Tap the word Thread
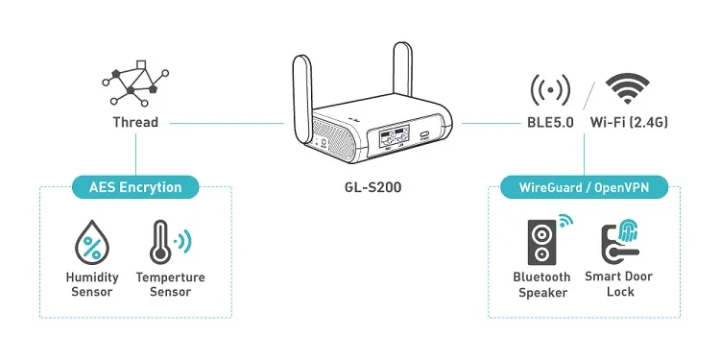[x=135, y=122]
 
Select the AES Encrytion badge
[x=135, y=186]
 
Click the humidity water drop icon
[x=92, y=244]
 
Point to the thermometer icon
[x=160, y=244]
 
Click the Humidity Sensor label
[x=92, y=284]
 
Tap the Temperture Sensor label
[x=170, y=284]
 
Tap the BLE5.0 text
[x=550, y=123]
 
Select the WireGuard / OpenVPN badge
[x=585, y=186]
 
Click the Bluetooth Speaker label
[x=543, y=284]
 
